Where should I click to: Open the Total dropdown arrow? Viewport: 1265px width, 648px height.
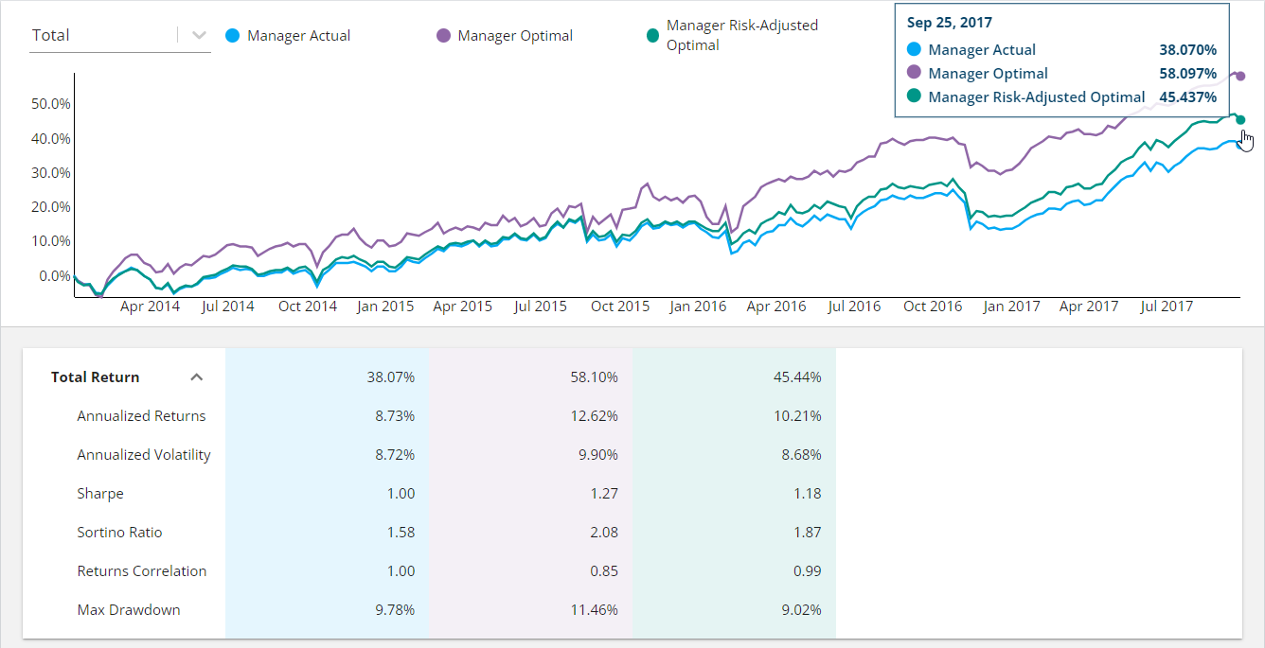[x=199, y=36]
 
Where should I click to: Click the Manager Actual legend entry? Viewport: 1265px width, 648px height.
[x=298, y=36]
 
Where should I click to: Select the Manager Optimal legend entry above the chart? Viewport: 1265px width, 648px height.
[x=514, y=36]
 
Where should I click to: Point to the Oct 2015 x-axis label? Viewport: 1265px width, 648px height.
[x=620, y=306]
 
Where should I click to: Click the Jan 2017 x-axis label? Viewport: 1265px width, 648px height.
[x=1010, y=306]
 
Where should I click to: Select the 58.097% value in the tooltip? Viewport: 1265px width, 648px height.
[x=1187, y=74]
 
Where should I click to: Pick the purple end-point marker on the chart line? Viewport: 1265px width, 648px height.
[x=1240, y=76]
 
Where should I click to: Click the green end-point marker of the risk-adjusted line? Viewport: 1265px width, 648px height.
[x=1240, y=119]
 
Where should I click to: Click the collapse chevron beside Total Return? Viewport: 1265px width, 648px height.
[x=197, y=377]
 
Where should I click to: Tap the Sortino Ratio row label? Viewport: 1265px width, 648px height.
[x=119, y=533]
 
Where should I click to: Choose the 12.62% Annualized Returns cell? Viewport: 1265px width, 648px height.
[x=597, y=416]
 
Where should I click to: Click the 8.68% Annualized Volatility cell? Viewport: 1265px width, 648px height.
[x=801, y=455]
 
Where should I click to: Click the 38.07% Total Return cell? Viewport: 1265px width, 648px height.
[x=390, y=377]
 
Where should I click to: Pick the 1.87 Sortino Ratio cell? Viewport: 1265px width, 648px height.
[x=807, y=533]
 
